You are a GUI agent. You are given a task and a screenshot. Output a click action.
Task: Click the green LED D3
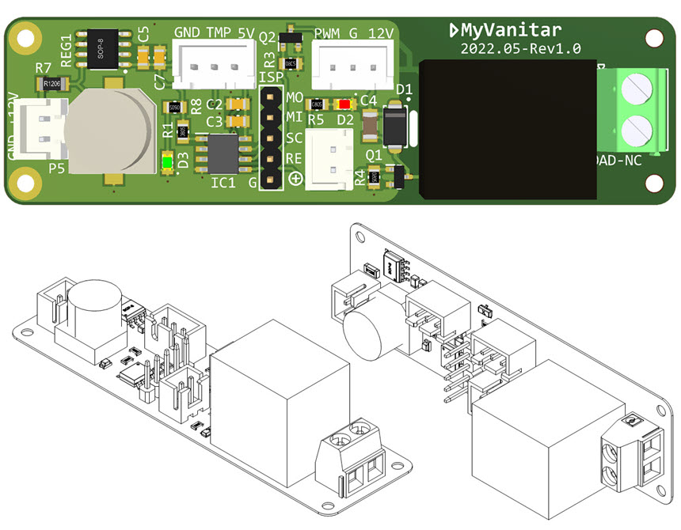pyautogui.click(x=167, y=164)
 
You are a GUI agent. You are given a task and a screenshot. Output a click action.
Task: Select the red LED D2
pyautogui.click(x=344, y=104)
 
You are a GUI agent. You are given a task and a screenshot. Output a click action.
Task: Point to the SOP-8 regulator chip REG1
pyautogui.click(x=102, y=49)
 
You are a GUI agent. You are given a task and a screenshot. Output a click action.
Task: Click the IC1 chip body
pyautogui.click(x=223, y=153)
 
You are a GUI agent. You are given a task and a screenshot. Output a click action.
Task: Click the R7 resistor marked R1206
pyautogui.click(x=53, y=83)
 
